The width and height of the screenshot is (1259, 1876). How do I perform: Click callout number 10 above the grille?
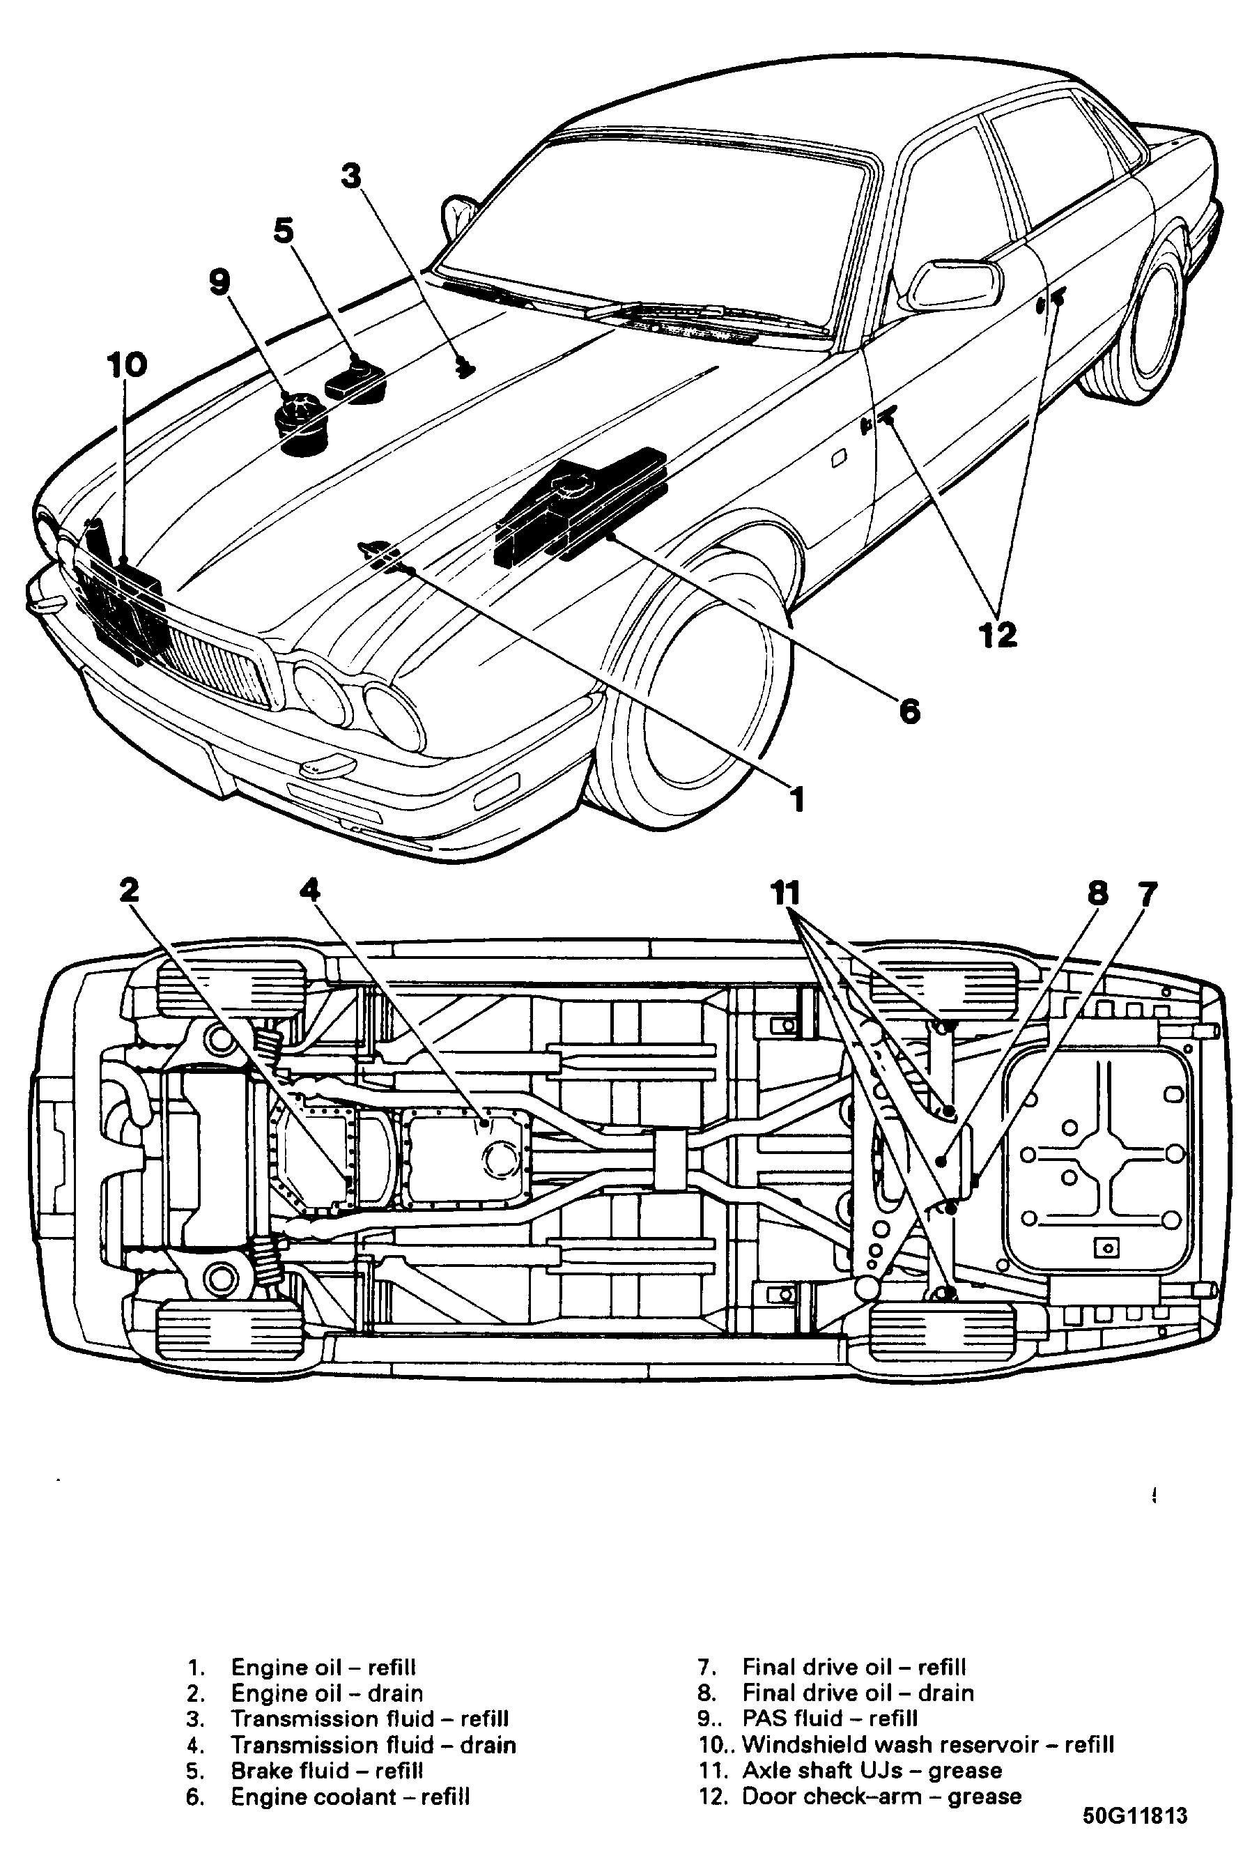coord(127,365)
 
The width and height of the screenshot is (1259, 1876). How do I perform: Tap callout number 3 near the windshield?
coord(351,176)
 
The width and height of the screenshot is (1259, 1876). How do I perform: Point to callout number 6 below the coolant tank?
coord(909,711)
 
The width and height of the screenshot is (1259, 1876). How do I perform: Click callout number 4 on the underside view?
coord(310,890)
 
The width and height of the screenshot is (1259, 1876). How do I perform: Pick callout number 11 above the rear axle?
coord(786,892)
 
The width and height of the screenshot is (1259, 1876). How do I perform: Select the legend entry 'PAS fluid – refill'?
coord(829,1719)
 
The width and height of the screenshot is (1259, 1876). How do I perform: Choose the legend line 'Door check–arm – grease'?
coord(881,1797)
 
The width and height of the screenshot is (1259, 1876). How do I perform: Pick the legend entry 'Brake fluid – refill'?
coord(327,1771)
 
